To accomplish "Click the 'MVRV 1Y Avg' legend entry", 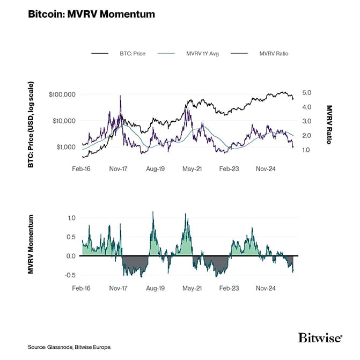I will [200, 54].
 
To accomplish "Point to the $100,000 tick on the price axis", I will [62, 94].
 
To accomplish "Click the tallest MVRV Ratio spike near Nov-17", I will [120, 96].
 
